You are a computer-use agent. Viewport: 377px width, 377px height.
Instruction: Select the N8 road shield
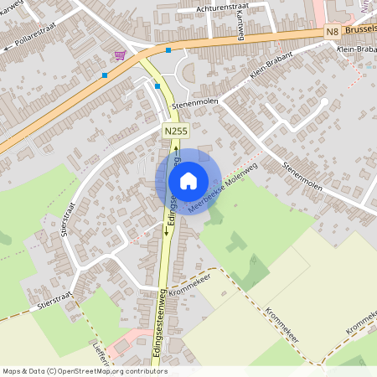click(x=333, y=32)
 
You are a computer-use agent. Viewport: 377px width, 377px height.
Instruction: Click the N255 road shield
click(x=175, y=132)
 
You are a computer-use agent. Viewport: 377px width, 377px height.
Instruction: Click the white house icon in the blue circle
click(x=188, y=180)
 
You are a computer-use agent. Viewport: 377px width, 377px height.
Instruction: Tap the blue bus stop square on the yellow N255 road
click(x=158, y=85)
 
